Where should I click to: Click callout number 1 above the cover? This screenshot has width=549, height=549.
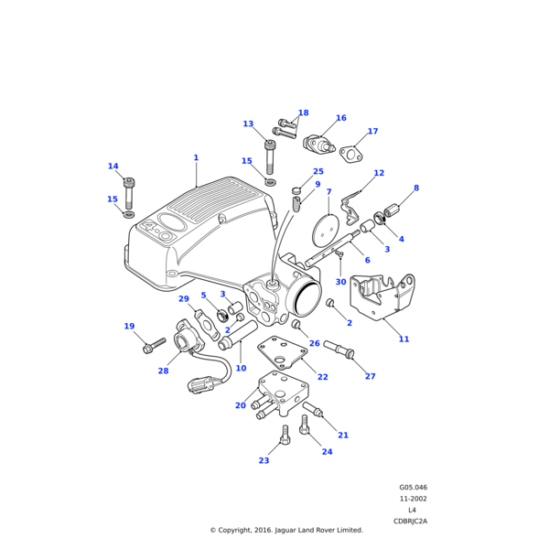pos(196,157)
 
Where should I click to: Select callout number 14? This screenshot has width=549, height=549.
pos(113,167)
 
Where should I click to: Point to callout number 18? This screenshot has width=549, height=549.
pos(303,113)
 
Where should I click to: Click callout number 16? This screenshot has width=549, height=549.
pos(340,118)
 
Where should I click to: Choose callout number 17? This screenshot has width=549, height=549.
pos(372,131)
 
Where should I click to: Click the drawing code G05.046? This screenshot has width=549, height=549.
pos(413,488)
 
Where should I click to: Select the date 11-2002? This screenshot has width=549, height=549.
pos(413,499)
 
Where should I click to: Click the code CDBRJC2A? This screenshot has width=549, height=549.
pos(411,521)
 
